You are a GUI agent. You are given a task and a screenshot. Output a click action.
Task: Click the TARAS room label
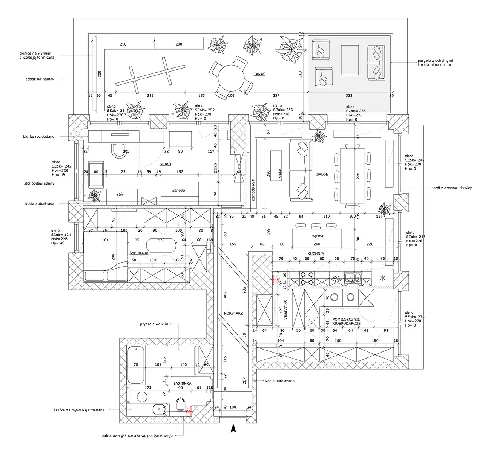[x=259, y=74]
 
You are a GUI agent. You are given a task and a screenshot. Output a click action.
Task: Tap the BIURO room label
[x=165, y=164]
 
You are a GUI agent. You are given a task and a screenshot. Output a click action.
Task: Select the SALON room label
[x=322, y=174]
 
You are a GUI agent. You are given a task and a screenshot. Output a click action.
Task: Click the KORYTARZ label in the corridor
[x=233, y=313]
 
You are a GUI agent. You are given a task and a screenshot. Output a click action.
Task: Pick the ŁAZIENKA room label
[x=183, y=383]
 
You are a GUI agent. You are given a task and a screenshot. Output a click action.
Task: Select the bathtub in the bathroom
[x=136, y=365]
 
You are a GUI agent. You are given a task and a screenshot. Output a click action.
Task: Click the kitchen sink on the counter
[x=353, y=278]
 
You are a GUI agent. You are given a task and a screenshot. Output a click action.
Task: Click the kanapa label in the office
[x=178, y=191]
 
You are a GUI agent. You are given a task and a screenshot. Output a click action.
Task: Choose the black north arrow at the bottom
[x=233, y=428]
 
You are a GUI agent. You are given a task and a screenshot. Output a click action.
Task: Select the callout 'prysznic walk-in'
[x=153, y=324]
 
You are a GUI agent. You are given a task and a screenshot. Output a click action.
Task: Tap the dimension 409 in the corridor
[x=226, y=295]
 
